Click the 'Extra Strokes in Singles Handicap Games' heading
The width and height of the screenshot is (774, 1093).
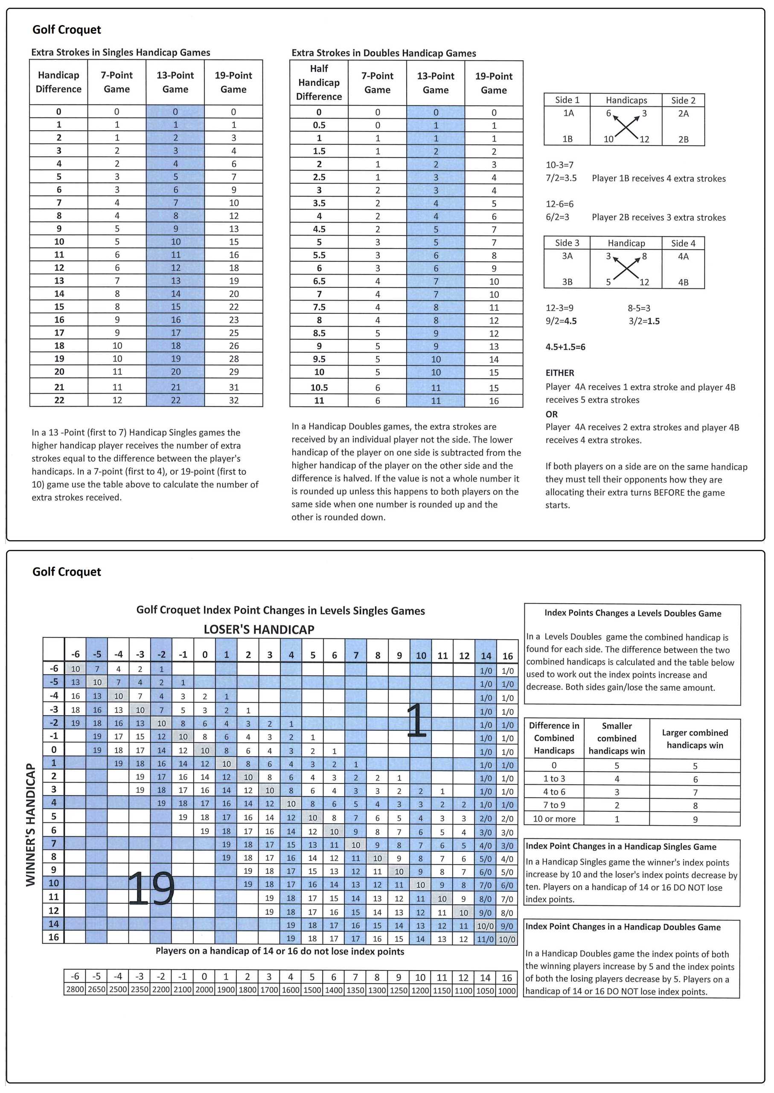tap(121, 53)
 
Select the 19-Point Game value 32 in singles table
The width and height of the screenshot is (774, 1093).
tap(233, 400)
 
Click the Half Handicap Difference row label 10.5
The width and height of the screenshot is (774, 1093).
tap(319, 388)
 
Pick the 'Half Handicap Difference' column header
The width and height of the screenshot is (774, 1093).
tap(319, 82)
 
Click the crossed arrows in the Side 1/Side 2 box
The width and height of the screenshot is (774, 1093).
tap(626, 126)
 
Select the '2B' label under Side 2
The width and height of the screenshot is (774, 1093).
tap(683, 139)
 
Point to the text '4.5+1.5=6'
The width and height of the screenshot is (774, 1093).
tap(565, 347)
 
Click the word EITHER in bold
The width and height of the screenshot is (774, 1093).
tap(559, 373)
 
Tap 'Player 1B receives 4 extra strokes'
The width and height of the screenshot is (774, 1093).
tap(659, 178)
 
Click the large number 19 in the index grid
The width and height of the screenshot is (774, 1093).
tap(151, 888)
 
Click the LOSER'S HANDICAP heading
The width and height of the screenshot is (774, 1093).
tap(259, 629)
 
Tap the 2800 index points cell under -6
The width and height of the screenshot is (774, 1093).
tap(75, 990)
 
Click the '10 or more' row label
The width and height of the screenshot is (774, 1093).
tap(554, 819)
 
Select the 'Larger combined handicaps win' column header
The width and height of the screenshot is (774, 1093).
tap(694, 739)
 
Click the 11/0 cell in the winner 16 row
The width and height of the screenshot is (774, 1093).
tap(485, 939)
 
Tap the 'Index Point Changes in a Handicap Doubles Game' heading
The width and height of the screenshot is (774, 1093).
tap(623, 926)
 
